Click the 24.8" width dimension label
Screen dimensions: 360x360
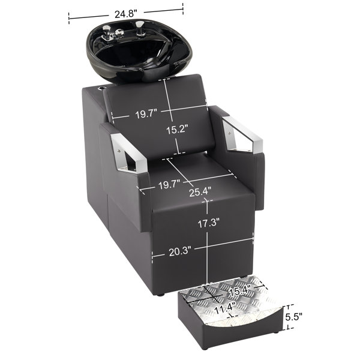tap(126, 14)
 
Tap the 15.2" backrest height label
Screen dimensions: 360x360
tap(177, 130)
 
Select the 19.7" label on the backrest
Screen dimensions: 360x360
tap(146, 114)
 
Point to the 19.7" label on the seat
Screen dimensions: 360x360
tap(169, 185)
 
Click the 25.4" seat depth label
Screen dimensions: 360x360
tap(200, 192)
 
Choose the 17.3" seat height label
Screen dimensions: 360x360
tap(209, 223)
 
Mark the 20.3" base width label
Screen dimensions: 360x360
tap(180, 252)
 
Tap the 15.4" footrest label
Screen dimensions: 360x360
tap(240, 291)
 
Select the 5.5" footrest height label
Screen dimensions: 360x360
tap(293, 317)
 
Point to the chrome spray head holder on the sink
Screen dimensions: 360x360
tap(139, 28)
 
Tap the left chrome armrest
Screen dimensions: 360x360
tap(128, 153)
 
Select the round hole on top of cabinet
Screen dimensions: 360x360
tap(101, 88)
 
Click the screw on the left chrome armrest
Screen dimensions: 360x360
tap(119, 151)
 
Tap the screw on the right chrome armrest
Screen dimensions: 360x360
tap(229, 133)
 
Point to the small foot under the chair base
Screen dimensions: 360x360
tap(161, 295)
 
